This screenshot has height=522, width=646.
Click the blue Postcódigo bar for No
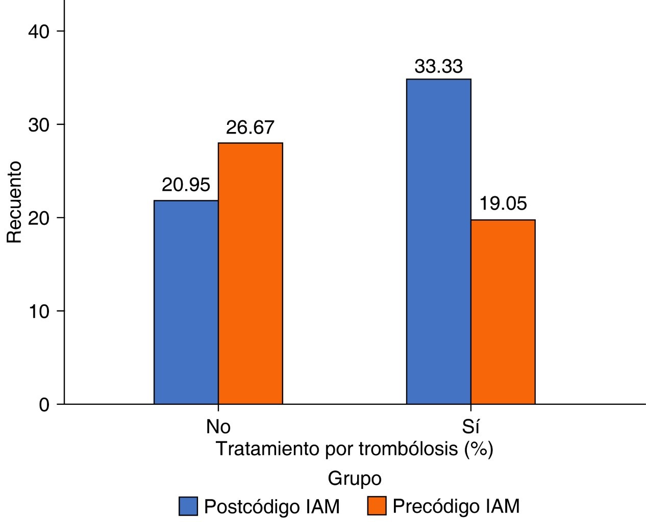[x=186, y=302]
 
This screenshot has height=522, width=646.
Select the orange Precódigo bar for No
[x=250, y=274]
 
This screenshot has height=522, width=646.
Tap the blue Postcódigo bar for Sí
[x=438, y=242]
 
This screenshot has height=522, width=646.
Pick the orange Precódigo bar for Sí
[x=503, y=312]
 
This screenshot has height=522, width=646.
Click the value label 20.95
[x=186, y=185]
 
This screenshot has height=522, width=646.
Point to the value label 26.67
[x=250, y=127]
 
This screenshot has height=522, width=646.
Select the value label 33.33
[x=438, y=66]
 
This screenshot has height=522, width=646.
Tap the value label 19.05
[x=503, y=204]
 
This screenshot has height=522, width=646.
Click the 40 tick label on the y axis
[x=38, y=32]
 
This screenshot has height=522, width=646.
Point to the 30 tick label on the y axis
[x=38, y=125]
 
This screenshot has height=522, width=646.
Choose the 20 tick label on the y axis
[x=38, y=218]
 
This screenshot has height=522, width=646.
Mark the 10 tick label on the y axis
[x=38, y=311]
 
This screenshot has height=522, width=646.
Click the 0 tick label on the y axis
[x=44, y=405]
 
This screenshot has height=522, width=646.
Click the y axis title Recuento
[x=14, y=202]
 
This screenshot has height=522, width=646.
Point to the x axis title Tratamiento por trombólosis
[x=354, y=449]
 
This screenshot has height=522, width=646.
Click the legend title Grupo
[x=354, y=479]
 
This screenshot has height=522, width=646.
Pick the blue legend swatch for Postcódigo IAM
[x=188, y=506]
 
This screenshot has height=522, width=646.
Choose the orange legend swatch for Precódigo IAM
[x=376, y=506]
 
